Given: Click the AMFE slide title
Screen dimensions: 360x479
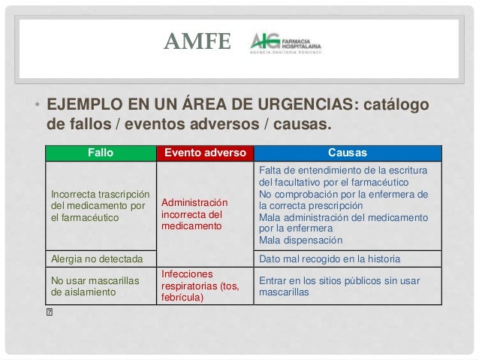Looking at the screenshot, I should point(198,41).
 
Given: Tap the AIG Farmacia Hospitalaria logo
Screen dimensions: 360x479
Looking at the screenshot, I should point(285,43).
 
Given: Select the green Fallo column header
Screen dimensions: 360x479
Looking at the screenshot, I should point(101,152).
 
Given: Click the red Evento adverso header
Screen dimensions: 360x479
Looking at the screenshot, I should point(205,152).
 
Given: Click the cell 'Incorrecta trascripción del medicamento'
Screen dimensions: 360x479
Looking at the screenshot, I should point(99,204).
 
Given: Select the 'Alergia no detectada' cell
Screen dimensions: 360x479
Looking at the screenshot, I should point(96,259).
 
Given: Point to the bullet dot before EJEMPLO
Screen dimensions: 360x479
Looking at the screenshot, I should point(35,104).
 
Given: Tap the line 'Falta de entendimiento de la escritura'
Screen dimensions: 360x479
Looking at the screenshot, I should point(343,171).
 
